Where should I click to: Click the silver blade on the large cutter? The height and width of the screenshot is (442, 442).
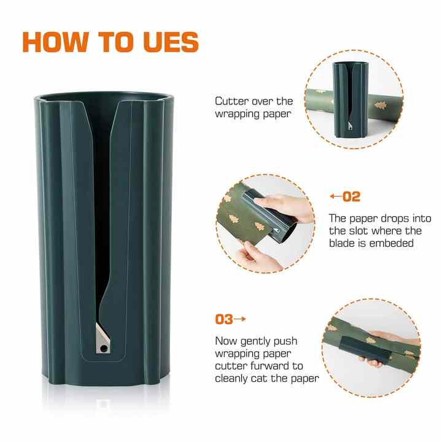102,338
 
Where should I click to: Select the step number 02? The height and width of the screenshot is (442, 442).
352,197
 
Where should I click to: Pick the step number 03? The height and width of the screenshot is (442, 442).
223,319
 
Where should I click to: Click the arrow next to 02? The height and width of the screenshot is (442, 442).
335,197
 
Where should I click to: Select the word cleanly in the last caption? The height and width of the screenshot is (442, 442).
233,378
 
